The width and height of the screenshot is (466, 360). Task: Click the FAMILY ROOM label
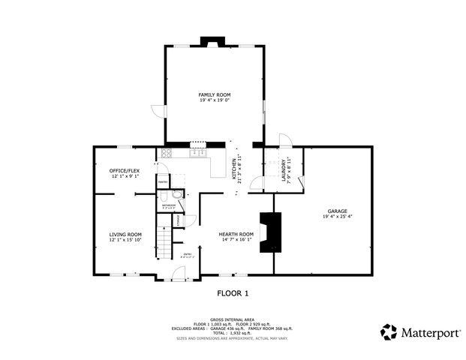coord(214,94)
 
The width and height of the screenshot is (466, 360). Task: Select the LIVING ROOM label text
coord(125,235)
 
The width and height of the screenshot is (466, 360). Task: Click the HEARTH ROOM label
coord(236,235)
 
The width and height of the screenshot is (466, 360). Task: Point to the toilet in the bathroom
coord(177,193)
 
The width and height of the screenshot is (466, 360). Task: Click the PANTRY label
coord(163,181)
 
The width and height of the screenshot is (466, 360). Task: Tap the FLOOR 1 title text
coord(233,293)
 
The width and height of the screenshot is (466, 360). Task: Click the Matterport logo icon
coord(389,331)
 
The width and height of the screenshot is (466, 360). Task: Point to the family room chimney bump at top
coord(207,40)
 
